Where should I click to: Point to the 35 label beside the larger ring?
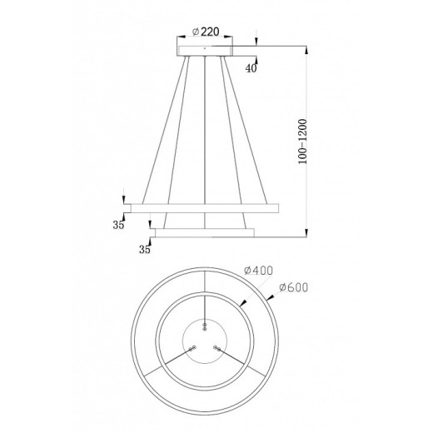point(118,223)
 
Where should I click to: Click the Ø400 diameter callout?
point(260,270)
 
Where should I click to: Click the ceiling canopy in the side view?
point(205,49)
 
